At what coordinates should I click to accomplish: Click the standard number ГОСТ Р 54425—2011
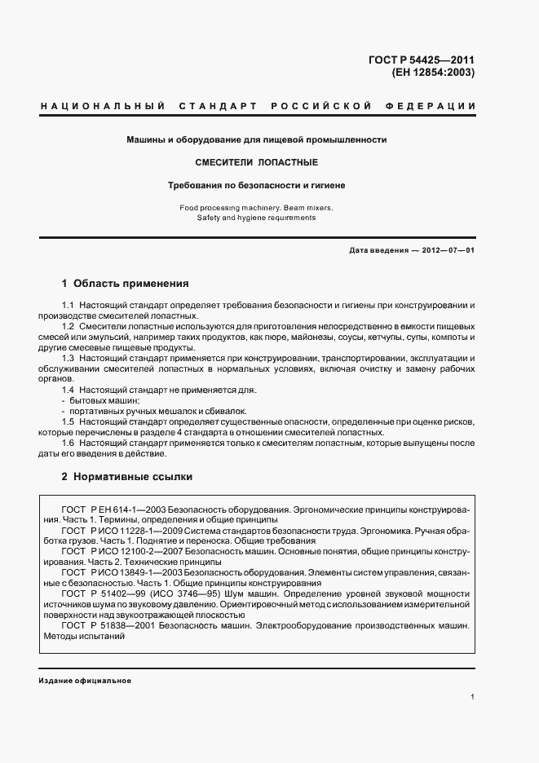[x=422, y=59]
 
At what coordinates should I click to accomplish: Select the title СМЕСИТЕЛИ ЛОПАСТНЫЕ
[x=256, y=162]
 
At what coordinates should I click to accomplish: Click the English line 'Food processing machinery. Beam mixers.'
[x=256, y=208]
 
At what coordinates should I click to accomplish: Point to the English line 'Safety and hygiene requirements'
[x=256, y=218]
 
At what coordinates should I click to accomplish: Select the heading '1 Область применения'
[x=126, y=284]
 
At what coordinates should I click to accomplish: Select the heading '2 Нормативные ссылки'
[x=127, y=477]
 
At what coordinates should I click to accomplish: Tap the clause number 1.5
[x=68, y=421]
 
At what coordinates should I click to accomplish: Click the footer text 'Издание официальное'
[x=85, y=681]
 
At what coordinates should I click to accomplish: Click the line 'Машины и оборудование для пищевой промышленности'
[x=256, y=139]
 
